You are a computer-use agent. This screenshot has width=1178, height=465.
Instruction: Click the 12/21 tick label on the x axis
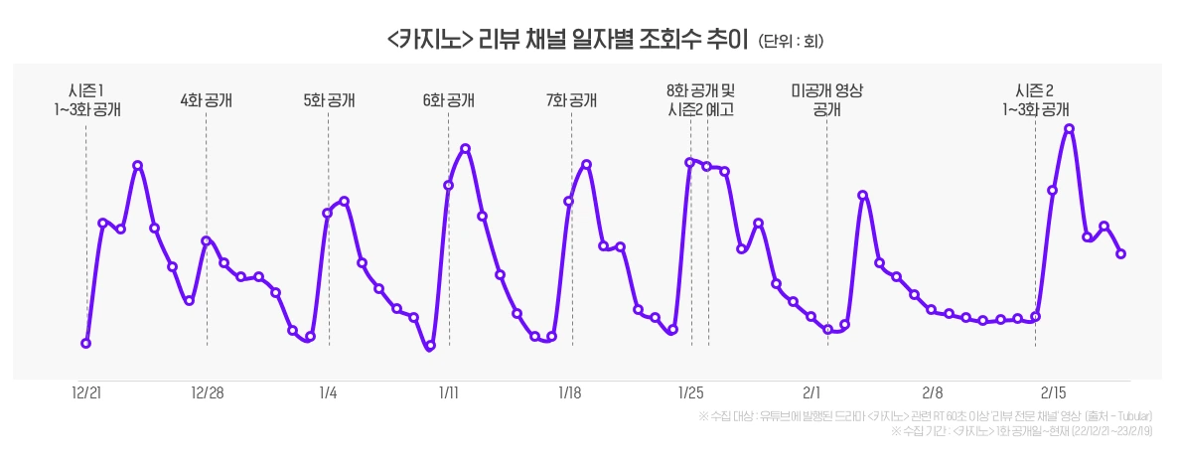[86, 391]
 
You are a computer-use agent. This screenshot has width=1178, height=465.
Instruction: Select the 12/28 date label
[208, 391]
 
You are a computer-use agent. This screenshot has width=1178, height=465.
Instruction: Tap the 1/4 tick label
[328, 391]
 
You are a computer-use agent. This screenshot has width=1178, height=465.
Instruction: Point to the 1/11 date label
[449, 391]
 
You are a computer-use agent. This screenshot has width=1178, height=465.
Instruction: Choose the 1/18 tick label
[570, 391]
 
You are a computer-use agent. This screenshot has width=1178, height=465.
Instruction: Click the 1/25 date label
[691, 391]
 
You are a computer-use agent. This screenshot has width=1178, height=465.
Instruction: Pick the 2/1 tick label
[811, 391]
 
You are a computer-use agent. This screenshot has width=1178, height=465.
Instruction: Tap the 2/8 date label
[933, 391]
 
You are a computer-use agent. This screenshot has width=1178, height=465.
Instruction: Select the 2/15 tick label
[1053, 391]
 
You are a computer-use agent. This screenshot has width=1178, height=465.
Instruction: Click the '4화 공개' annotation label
[207, 100]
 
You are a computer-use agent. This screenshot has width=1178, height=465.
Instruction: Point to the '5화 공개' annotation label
[329, 100]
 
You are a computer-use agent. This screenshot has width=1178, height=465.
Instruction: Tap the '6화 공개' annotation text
[449, 100]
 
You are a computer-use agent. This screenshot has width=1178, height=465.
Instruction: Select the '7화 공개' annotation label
[571, 100]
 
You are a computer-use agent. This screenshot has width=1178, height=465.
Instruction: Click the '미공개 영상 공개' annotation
[827, 99]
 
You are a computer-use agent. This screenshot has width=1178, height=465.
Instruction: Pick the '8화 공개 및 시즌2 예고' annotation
[700, 99]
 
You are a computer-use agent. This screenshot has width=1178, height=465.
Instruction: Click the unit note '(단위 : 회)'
[791, 42]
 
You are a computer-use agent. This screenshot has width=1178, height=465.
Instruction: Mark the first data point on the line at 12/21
[86, 344]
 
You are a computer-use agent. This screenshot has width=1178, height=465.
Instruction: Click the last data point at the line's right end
[1121, 254]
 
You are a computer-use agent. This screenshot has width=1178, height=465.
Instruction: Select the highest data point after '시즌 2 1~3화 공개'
[1070, 128]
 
